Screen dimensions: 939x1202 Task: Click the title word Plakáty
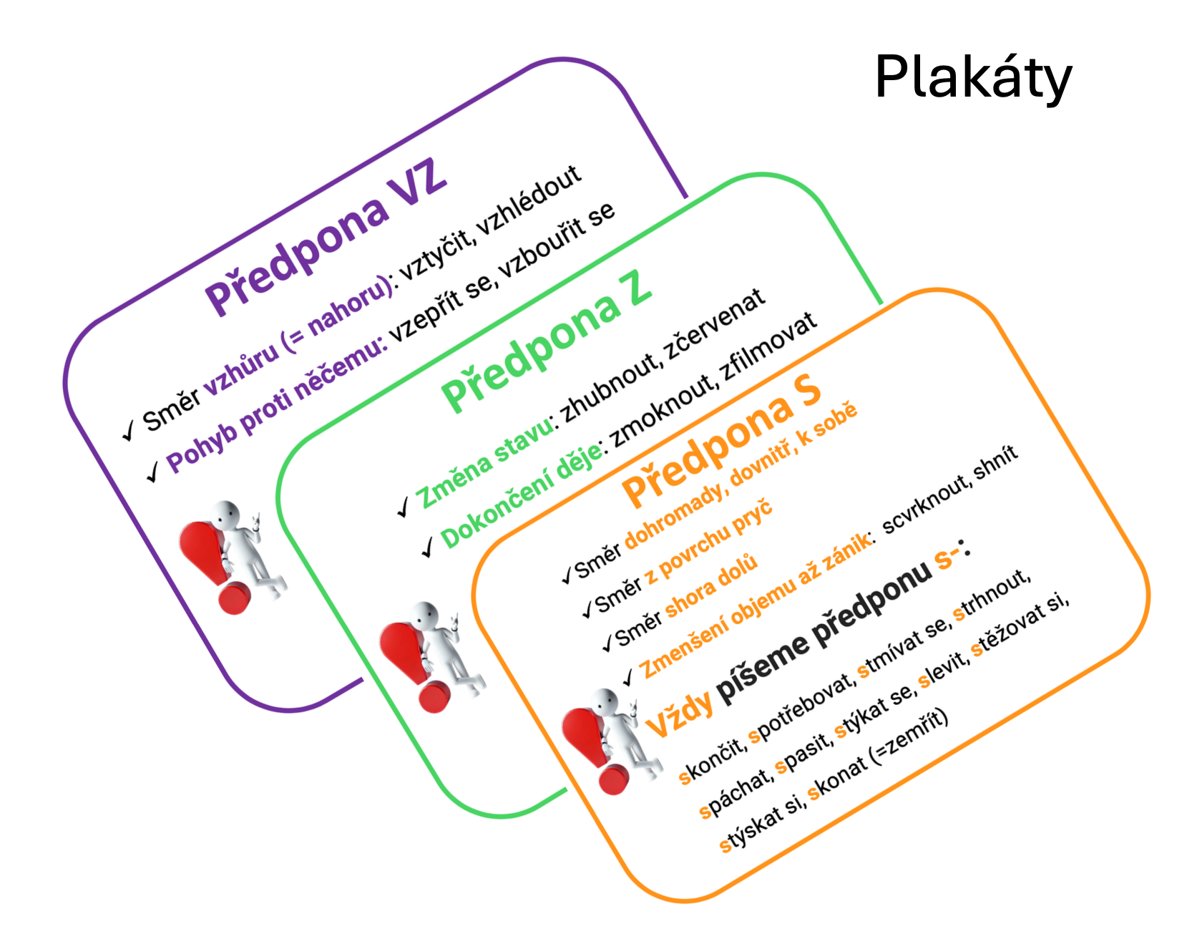tap(973, 77)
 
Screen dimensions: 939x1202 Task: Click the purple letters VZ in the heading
tap(417, 180)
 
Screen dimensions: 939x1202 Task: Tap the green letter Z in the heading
tap(639, 288)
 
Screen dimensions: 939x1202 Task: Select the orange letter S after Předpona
tap(807, 389)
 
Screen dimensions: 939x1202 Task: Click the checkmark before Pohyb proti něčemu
tap(152, 472)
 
